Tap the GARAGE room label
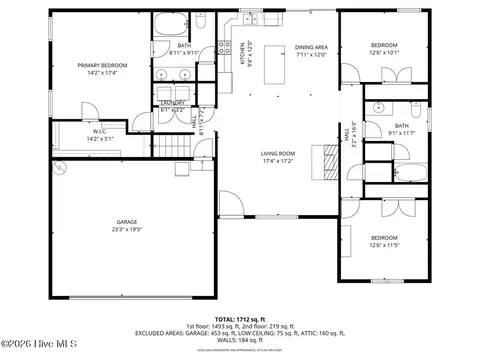(126, 222)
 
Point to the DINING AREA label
(311, 47)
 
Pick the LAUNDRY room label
(171, 103)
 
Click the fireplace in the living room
(327, 161)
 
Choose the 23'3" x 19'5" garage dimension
(126, 229)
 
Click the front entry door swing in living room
(228, 205)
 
